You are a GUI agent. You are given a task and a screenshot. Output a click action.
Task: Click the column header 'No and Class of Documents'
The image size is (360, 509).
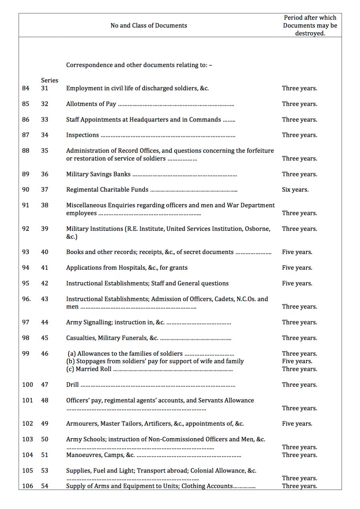pyautogui.click(x=148, y=26)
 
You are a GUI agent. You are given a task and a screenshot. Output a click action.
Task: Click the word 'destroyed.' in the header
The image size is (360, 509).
pyautogui.click(x=310, y=34)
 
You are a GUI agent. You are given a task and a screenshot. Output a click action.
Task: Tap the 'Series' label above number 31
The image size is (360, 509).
pyautogui.click(x=50, y=80)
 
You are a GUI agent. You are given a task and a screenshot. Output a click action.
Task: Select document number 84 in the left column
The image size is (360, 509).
pyautogui.click(x=26, y=88)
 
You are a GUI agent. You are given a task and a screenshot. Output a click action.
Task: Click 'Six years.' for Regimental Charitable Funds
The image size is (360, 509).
pyautogui.click(x=295, y=190)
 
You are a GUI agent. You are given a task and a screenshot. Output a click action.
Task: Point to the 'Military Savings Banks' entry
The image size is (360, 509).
pyautogui.click(x=98, y=174)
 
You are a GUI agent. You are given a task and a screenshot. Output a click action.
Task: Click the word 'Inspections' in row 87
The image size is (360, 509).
pyautogui.click(x=82, y=135)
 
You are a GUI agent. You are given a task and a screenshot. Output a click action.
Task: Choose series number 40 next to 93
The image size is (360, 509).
pyautogui.click(x=44, y=252)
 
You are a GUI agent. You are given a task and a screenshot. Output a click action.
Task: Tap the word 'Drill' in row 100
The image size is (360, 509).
pyautogui.click(x=72, y=385)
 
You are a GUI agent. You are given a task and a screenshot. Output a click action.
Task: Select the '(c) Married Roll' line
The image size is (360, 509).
pyautogui.click(x=89, y=369)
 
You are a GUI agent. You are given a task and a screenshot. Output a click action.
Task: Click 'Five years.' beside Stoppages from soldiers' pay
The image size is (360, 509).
pyautogui.click(x=297, y=361)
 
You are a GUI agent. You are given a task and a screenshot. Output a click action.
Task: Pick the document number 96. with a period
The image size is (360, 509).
pyautogui.click(x=26, y=299)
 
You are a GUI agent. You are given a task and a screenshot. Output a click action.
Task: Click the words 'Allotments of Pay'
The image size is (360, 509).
pyautogui.click(x=91, y=104)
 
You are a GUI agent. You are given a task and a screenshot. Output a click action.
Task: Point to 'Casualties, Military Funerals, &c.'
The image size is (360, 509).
pyautogui.click(x=112, y=338)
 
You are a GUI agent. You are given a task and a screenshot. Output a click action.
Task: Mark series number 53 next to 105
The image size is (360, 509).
pyautogui.click(x=44, y=471)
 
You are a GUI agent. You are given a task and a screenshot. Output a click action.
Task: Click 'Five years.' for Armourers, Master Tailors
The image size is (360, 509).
pyautogui.click(x=297, y=424)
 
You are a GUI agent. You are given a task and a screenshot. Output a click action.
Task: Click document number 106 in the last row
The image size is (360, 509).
pyautogui.click(x=28, y=486)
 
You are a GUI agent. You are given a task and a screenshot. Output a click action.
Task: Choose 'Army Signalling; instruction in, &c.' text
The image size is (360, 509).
pyautogui.click(x=115, y=323)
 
